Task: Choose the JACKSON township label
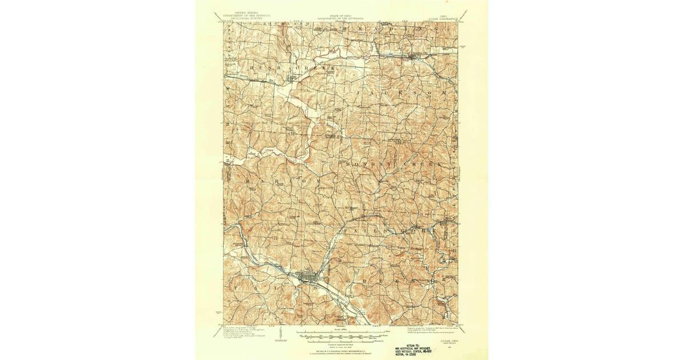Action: coord(400,92)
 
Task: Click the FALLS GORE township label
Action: coord(389,231)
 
